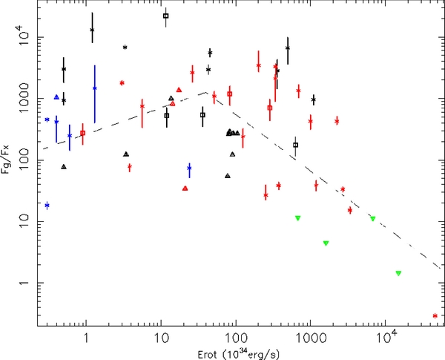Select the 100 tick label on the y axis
click(x=24, y=160)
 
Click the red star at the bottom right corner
click(x=435, y=315)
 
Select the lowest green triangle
click(x=398, y=273)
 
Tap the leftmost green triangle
click(x=297, y=218)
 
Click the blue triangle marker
click(x=56, y=97)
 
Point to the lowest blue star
click(x=47, y=205)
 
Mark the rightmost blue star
click(x=189, y=168)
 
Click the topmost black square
click(x=165, y=16)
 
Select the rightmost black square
click(x=295, y=145)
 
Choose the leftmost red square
click(x=82, y=133)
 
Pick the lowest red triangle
click(x=185, y=189)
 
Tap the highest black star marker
click(x=92, y=30)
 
